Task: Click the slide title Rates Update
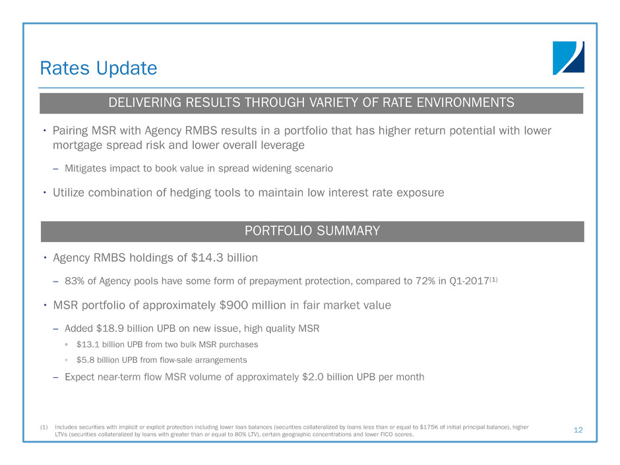pyautogui.click(x=98, y=69)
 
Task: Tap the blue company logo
pyautogui.click(x=568, y=58)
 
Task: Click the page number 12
pyautogui.click(x=578, y=430)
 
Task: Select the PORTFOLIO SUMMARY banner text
pyautogui.click(x=312, y=231)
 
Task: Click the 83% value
pyautogui.click(x=75, y=281)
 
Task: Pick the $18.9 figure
pyautogui.click(x=110, y=328)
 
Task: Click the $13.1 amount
pyautogui.click(x=88, y=345)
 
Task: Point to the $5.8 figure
pyautogui.click(x=85, y=360)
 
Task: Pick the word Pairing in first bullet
pyautogui.click(x=71, y=131)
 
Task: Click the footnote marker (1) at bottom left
pyautogui.click(x=44, y=427)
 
